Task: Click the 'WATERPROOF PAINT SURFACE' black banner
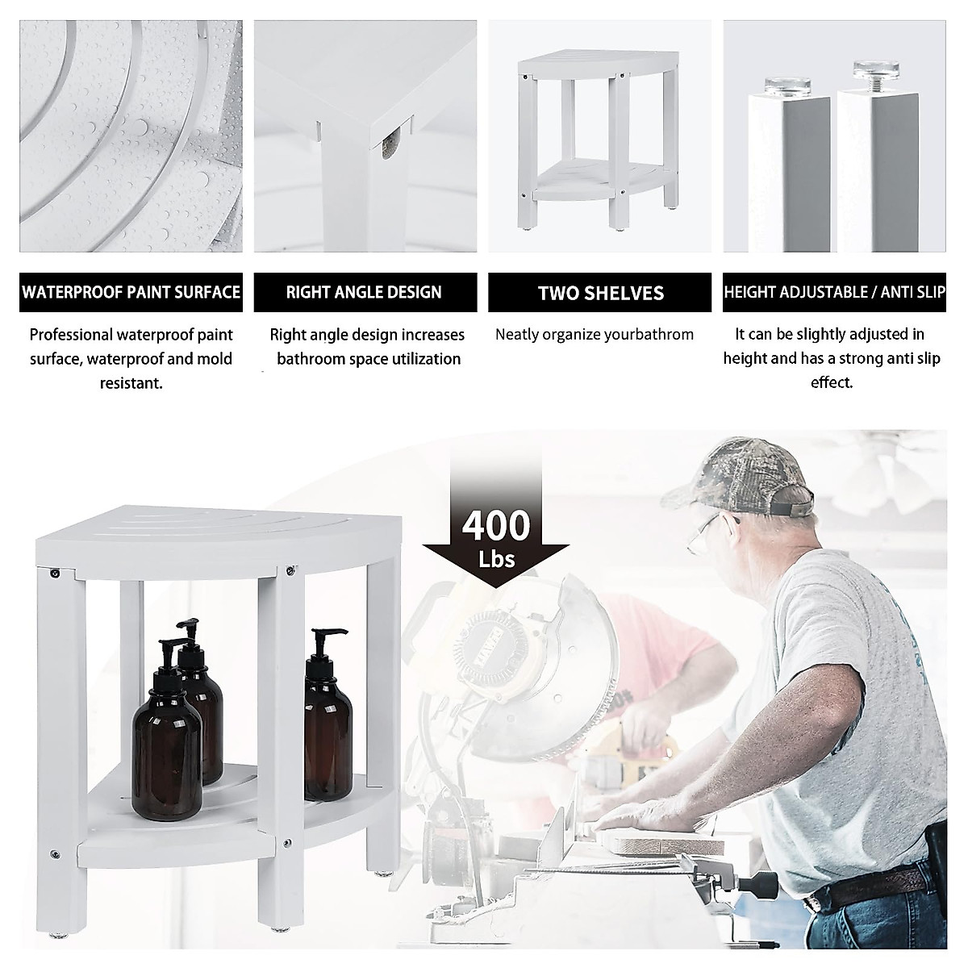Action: [131, 292]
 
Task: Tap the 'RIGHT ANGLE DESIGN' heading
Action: [364, 292]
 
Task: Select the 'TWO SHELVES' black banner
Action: [601, 292]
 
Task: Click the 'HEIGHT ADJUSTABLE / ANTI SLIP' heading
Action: [834, 292]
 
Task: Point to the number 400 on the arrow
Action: [496, 526]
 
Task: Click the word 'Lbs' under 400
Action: [496, 558]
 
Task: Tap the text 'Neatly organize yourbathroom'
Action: [595, 334]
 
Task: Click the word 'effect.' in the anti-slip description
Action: [832, 382]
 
